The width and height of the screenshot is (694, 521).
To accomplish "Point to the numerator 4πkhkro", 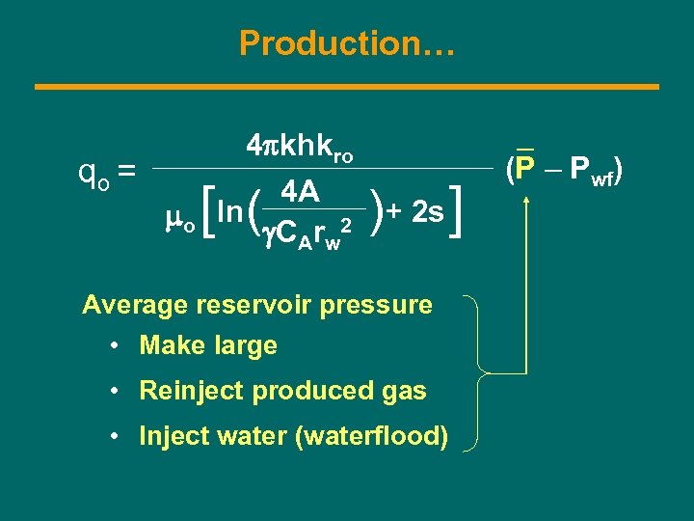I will click(300, 148).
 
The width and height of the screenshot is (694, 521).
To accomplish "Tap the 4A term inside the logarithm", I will click(302, 193).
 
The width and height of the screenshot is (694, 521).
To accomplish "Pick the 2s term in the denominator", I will click(427, 211).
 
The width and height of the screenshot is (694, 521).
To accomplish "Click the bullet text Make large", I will click(208, 345).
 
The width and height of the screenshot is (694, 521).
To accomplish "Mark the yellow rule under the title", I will click(347, 87).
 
